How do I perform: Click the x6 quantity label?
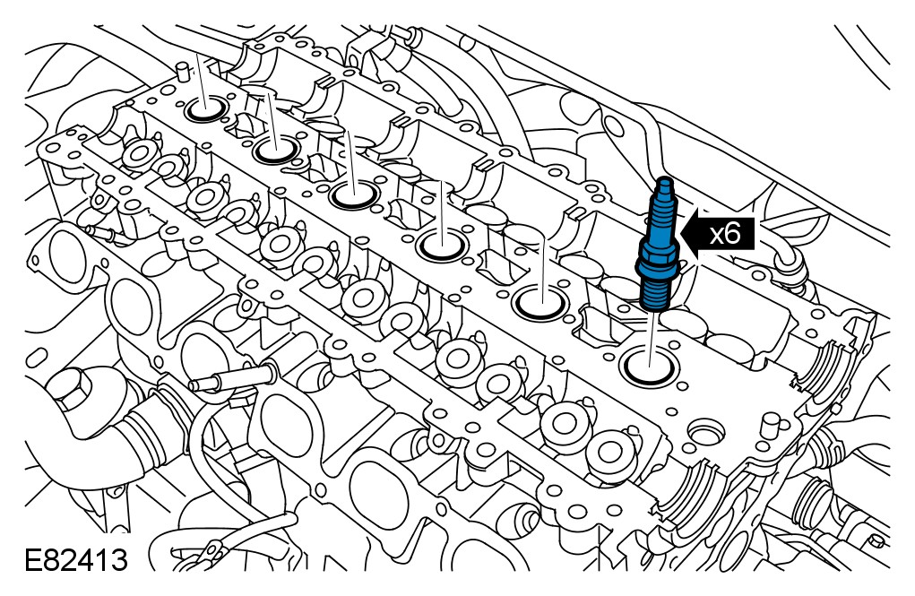725,234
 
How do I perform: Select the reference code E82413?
76,560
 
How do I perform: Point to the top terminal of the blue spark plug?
665,185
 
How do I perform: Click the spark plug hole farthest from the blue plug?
207,108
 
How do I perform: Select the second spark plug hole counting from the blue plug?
542,302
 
